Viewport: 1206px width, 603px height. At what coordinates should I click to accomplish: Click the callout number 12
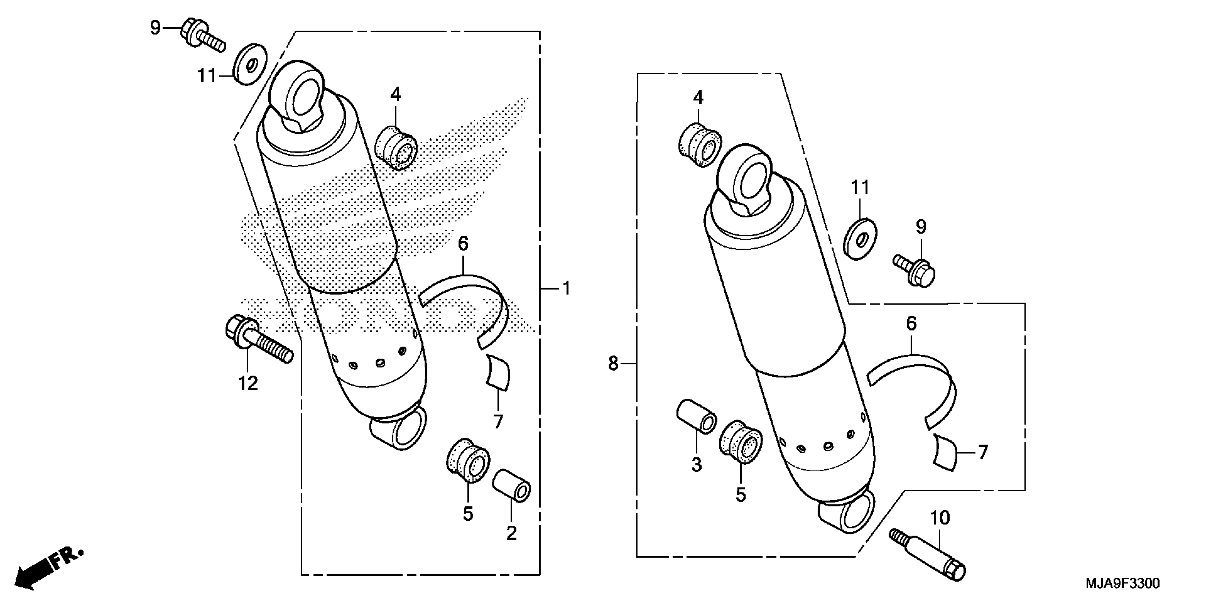point(248,384)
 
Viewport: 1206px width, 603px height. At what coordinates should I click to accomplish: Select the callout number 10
point(940,518)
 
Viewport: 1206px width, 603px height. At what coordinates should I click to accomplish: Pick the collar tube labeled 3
point(696,416)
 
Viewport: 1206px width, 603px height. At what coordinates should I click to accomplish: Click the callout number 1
point(566,288)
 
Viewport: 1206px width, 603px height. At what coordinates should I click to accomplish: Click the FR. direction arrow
point(47,569)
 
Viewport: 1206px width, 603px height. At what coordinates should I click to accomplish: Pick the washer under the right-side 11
point(861,239)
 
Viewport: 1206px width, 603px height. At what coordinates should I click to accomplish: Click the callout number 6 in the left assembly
point(463,244)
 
